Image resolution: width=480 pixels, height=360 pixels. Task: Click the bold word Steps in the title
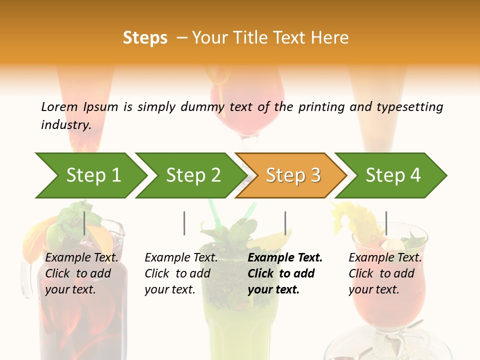coord(145,38)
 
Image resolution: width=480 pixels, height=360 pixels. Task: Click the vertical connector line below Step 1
coord(84,223)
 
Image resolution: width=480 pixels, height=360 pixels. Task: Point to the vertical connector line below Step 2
coord(184,223)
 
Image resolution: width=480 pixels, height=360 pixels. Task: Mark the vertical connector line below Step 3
coord(285,223)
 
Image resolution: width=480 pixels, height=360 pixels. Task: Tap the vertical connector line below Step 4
coord(386,223)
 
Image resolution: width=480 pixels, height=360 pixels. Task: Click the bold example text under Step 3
coord(285,273)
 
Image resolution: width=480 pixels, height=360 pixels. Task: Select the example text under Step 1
coord(81,273)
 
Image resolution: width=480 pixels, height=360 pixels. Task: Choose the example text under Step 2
coord(181,273)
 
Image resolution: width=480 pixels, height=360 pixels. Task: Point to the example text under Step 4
coord(385,273)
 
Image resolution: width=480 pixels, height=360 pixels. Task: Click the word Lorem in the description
coord(59,106)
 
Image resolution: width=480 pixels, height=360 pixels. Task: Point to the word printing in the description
coord(317,107)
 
